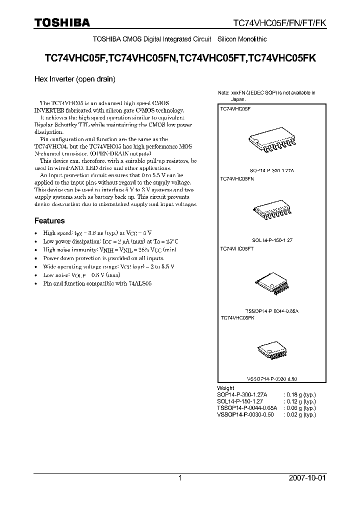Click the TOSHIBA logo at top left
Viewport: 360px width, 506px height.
coord(62,22)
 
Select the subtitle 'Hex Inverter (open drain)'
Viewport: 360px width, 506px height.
coord(75,79)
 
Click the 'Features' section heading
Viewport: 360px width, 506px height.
coord(49,220)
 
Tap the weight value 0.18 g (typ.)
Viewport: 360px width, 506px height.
coord(300,394)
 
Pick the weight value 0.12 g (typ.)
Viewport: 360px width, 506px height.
coord(300,401)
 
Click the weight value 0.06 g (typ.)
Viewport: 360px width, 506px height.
coord(300,408)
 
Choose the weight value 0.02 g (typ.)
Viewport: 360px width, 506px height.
coord(300,414)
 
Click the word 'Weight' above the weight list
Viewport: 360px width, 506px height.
coord(225,388)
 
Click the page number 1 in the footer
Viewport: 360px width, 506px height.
coord(180,478)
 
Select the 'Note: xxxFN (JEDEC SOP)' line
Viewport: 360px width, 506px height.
coord(266,93)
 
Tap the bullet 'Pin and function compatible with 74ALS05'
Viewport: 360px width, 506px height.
coord(97,283)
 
